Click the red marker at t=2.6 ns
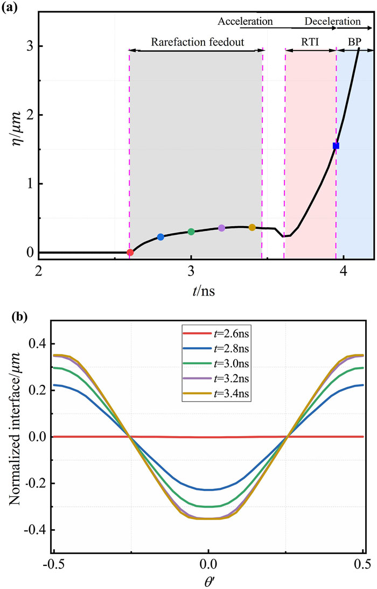[130, 253]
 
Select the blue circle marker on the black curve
[160, 237]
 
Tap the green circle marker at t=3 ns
[191, 232]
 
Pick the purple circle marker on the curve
[221, 228]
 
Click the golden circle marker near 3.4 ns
[252, 227]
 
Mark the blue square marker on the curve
[336, 146]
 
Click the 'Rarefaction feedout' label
[196, 41]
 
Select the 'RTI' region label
[310, 41]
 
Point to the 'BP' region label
[355, 41]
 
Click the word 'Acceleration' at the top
[246, 22]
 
